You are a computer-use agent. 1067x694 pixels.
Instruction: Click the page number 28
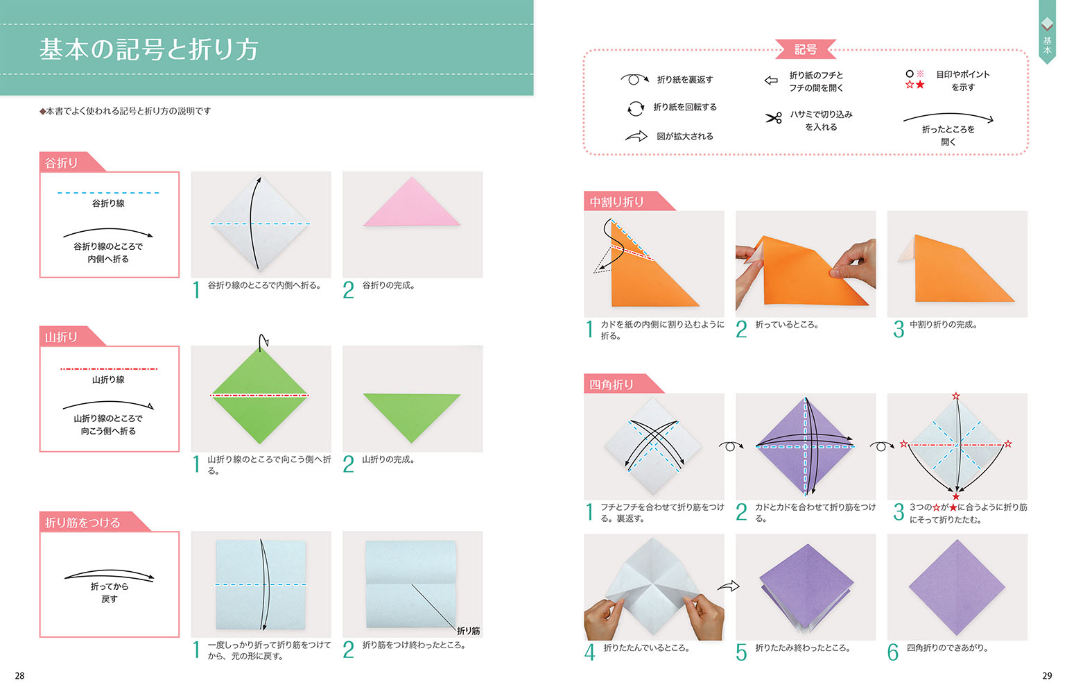click(19, 675)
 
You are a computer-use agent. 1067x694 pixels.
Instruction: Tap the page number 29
click(1047, 675)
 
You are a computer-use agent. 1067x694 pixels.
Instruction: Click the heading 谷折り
click(62, 163)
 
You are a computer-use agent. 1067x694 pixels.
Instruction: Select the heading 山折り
click(62, 337)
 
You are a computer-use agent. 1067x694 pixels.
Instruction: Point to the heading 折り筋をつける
click(83, 523)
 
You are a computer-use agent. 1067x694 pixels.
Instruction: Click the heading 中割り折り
click(616, 202)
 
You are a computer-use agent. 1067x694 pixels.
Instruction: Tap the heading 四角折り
click(611, 384)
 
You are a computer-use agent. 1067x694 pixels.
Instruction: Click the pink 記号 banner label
click(806, 49)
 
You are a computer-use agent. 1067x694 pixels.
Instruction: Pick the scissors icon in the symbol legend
click(774, 118)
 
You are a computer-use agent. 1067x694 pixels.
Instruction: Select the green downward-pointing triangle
click(412, 414)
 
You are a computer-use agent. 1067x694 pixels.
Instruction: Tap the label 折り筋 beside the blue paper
click(468, 631)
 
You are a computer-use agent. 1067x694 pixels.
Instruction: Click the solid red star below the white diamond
click(955, 496)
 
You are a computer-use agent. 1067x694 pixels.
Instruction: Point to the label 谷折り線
click(108, 203)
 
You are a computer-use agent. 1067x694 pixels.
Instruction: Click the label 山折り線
click(108, 380)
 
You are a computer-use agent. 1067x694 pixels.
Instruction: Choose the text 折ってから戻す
click(109, 593)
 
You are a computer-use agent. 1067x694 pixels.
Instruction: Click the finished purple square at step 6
click(957, 587)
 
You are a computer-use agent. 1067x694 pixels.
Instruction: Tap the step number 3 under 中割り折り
click(899, 329)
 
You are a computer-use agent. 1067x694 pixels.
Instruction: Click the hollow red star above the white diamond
click(955, 396)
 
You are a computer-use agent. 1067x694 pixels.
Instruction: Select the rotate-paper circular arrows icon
click(636, 108)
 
